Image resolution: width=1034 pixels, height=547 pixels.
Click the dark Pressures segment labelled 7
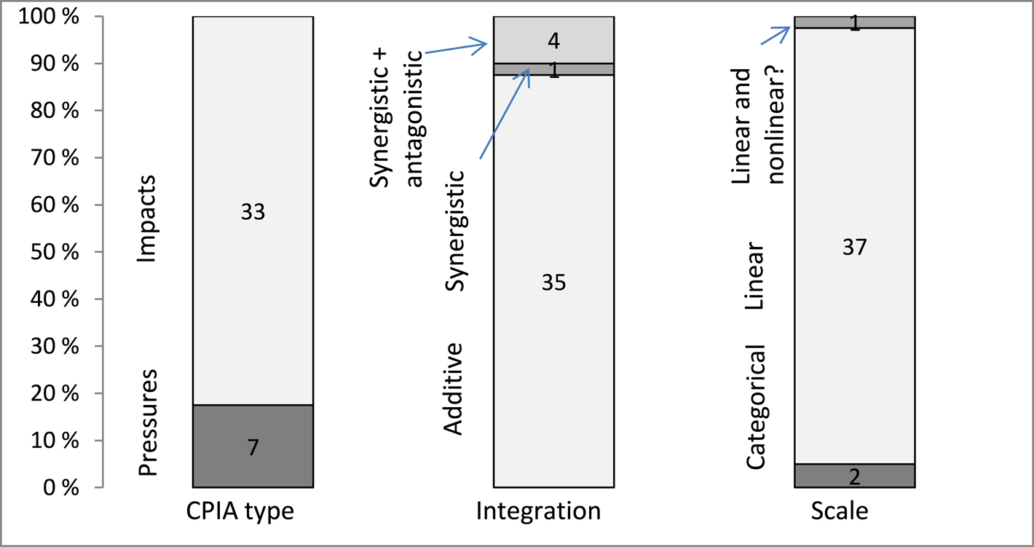coord(253,446)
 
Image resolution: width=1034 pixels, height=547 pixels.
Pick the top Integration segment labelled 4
coord(553,39)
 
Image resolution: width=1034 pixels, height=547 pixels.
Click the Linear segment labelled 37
coord(854,248)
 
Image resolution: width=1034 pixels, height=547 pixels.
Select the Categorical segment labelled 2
coord(854,476)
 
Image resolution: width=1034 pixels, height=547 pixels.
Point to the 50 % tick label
coord(55,252)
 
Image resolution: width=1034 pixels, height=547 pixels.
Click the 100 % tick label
coord(50,17)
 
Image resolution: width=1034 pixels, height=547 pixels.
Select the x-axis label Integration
coord(539,511)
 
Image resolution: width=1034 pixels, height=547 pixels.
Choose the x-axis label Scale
coord(840,511)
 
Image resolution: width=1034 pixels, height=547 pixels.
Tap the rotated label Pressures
coord(149,422)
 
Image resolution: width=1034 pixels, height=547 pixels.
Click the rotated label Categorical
coord(757,406)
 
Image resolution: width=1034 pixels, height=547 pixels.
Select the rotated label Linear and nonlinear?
coord(757,125)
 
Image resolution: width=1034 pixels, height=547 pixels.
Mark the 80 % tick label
coord(55,111)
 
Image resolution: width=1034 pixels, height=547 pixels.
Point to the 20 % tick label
coord(55,393)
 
